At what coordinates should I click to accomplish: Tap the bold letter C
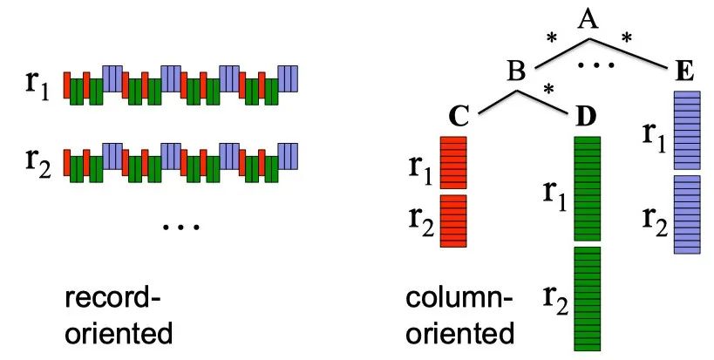tap(461, 115)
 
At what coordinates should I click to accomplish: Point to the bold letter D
tap(588, 115)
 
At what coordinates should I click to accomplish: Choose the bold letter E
tap(686, 71)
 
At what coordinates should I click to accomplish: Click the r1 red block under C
tap(453, 162)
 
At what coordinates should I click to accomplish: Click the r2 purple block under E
tap(687, 214)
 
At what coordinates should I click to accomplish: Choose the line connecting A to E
tap(636, 58)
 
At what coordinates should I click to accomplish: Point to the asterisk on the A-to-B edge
tap(550, 39)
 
